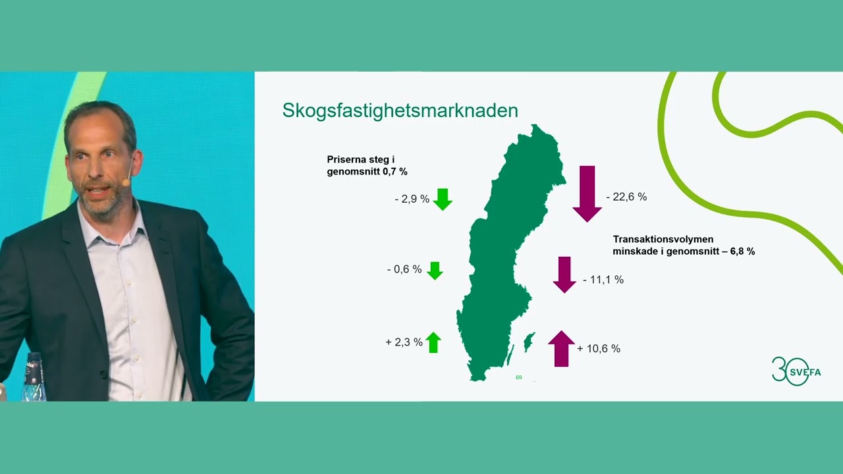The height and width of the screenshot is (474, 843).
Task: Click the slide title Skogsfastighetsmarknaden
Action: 400,111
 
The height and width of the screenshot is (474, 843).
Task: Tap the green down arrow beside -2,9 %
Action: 443,199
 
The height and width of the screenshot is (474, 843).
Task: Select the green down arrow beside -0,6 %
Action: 435,270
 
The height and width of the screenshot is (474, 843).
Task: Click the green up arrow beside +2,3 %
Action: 433,342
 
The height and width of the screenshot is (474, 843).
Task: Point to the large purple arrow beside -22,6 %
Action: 587,194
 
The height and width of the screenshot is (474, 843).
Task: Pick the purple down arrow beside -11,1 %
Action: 564,275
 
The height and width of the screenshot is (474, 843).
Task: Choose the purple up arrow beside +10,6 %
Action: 561,348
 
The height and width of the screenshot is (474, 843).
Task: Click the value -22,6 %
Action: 626,197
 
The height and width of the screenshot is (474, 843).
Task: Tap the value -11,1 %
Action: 603,280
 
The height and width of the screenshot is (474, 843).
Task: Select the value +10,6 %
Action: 599,349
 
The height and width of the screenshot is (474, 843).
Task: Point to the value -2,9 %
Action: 412,199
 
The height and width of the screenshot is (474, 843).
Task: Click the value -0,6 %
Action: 404,269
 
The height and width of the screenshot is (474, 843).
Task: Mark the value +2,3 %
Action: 404,342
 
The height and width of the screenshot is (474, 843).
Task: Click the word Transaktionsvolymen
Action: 663,240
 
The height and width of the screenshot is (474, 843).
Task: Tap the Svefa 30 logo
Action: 796,371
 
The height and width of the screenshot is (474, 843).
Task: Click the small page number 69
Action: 519,377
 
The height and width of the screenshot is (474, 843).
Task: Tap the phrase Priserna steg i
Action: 360,159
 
